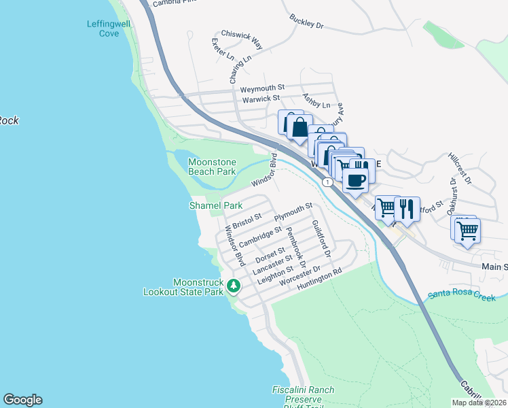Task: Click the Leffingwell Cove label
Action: coord(104,29)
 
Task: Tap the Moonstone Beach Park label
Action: coord(212,167)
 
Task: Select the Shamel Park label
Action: coord(215,205)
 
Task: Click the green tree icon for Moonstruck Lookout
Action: coord(233,285)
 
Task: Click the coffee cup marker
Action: coord(355,180)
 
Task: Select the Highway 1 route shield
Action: coord(328,182)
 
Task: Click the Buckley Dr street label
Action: coord(306,22)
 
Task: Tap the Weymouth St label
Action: coord(262,88)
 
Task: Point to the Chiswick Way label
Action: coord(242,39)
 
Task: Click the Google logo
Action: coord(22,400)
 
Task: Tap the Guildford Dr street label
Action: coord(320,238)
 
